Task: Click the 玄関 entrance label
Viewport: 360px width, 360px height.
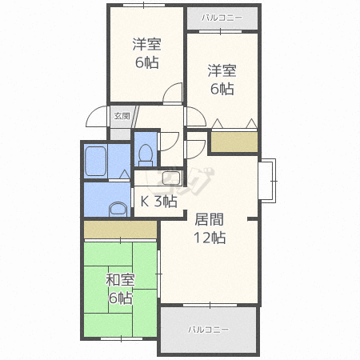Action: click(122, 116)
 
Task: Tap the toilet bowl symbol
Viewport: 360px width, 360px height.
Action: click(146, 155)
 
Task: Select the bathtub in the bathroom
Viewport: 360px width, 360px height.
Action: click(95, 162)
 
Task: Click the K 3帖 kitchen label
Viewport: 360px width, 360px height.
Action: click(158, 201)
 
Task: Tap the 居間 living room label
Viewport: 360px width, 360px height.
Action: click(210, 219)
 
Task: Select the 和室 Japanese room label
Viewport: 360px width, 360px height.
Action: click(120, 280)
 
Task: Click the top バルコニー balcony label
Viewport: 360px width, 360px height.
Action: click(222, 18)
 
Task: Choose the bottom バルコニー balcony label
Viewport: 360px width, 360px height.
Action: click(209, 330)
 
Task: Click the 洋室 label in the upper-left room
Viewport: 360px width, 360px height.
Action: click(147, 44)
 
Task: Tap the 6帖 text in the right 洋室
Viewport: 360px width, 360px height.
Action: click(222, 89)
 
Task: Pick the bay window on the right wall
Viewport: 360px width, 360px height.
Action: click(267, 181)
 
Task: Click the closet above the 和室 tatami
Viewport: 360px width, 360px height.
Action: click(120, 230)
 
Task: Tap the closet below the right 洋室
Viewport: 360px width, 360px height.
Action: click(234, 142)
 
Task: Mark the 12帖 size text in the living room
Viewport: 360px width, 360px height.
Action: click(210, 238)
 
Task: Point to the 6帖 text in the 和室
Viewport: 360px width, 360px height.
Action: click(121, 298)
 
